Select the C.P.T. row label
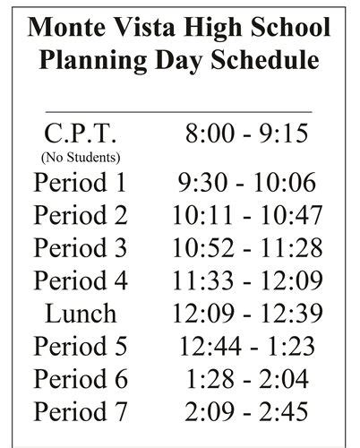click(x=81, y=134)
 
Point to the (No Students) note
click(x=81, y=158)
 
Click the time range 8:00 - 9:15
click(x=246, y=134)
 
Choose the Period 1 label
click(x=81, y=182)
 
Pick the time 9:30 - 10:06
click(x=246, y=182)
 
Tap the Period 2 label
click(x=81, y=215)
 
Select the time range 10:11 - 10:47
click(x=246, y=215)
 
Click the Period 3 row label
click(x=81, y=248)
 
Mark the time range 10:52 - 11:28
click(x=246, y=248)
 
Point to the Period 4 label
click(x=81, y=280)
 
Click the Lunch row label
click(x=81, y=314)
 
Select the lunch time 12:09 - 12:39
click(x=246, y=314)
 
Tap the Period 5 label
click(x=81, y=347)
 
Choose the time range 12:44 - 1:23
click(x=246, y=347)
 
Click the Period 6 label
click(x=81, y=380)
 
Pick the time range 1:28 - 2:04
click(x=246, y=380)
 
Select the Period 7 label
click(x=81, y=413)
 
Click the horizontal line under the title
click(x=179, y=111)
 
